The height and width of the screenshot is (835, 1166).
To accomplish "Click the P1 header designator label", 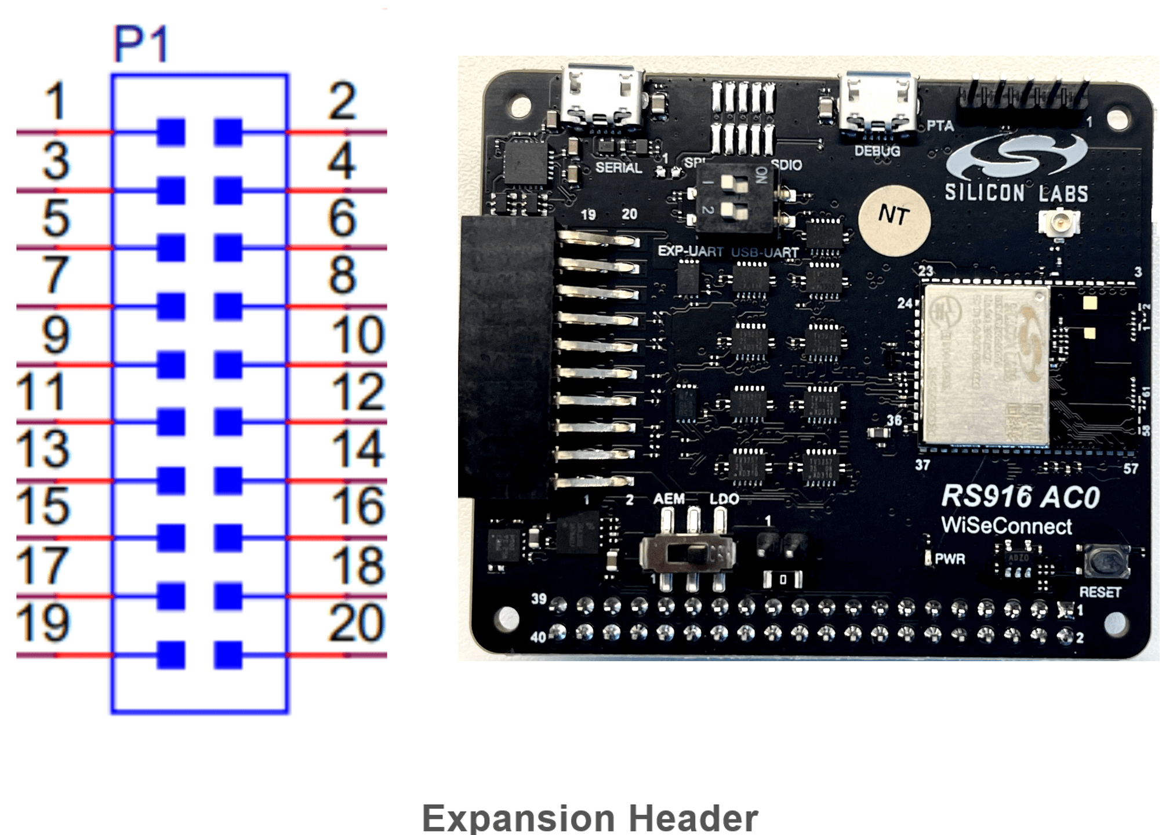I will pyautogui.click(x=141, y=44).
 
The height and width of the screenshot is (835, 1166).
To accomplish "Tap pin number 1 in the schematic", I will pyautogui.click(x=56, y=101).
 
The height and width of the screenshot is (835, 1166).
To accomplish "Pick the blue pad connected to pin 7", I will pyautogui.click(x=171, y=306).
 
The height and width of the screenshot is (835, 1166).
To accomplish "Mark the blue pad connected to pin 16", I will pyautogui.click(x=228, y=538).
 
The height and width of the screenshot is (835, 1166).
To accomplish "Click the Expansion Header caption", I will pyautogui.click(x=589, y=818).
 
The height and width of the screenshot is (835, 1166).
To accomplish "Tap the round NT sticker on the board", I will pyautogui.click(x=894, y=220).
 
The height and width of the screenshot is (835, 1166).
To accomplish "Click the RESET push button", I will pyautogui.click(x=1106, y=561).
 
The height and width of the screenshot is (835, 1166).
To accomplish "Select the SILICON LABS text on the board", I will pyautogui.click(x=1016, y=193).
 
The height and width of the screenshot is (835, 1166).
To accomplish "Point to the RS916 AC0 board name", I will pyautogui.click(x=1020, y=497).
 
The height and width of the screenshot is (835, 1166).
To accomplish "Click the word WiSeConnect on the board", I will pyautogui.click(x=1006, y=526).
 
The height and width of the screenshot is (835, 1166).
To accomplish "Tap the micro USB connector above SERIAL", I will pyautogui.click(x=602, y=96).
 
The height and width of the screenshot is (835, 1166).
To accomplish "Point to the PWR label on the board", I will pyautogui.click(x=950, y=559).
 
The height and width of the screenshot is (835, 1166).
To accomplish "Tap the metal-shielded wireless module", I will pyautogui.click(x=985, y=365).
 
